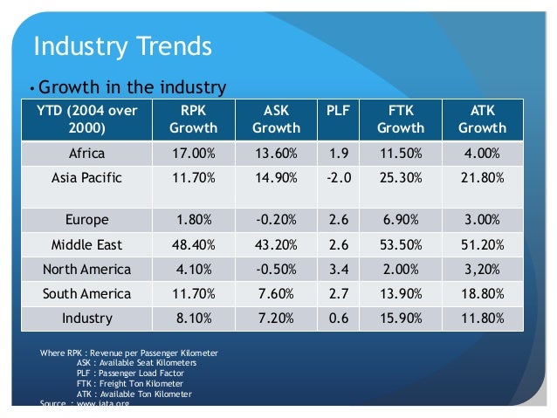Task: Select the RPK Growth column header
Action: pos(193,120)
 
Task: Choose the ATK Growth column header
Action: pos(482,120)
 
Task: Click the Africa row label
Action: pos(86,154)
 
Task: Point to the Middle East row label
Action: pos(86,244)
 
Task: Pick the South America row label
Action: pos(86,293)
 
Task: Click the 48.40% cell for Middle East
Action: pos(193,244)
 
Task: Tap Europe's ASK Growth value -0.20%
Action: pos(276,220)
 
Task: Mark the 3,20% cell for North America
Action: pos(482,269)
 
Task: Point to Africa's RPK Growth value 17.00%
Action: pos(193,154)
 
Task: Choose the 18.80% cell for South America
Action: pos(482,293)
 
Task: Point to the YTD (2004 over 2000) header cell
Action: pos(86,120)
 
